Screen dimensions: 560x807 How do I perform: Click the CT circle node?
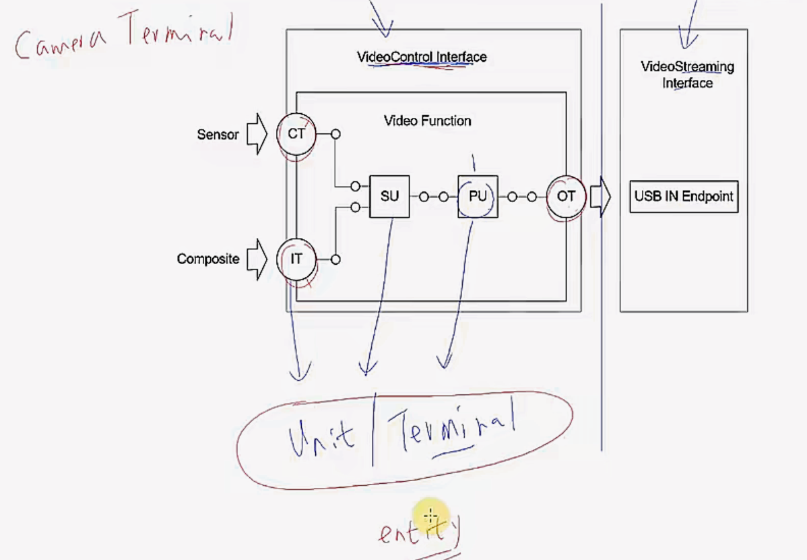point(296,134)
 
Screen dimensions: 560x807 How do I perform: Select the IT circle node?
point(296,259)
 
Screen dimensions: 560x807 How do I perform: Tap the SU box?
point(389,197)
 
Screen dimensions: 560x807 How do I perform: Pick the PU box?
point(478,197)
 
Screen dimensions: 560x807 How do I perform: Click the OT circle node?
point(566,197)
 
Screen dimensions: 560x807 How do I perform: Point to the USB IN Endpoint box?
point(684,197)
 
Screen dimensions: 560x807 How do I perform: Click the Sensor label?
point(218,135)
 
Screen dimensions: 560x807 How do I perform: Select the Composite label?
point(207,259)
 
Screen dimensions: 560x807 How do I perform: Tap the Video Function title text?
point(427,121)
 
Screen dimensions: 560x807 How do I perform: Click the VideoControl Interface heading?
point(421,57)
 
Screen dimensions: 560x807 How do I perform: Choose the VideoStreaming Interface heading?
point(687,75)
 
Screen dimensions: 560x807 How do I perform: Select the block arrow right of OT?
point(600,197)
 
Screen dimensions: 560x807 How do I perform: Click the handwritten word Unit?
point(321,437)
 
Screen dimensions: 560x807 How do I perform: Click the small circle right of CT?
point(335,134)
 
